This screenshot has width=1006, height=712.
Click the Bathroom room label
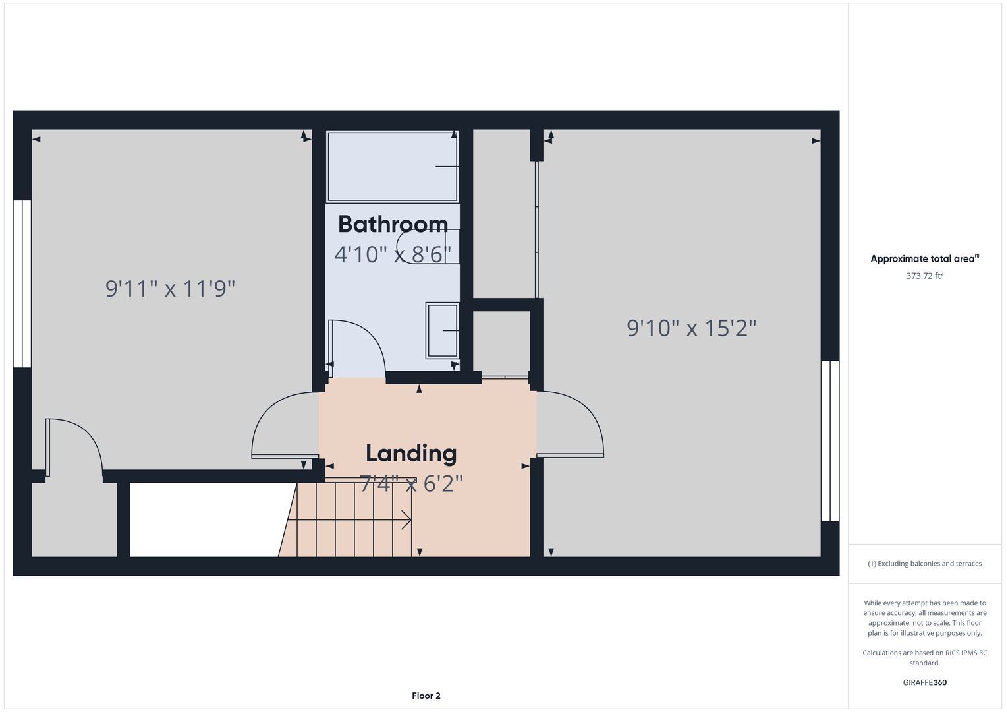[393, 224]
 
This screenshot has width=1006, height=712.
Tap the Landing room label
[411, 453]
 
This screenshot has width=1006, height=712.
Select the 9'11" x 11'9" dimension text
[170, 289]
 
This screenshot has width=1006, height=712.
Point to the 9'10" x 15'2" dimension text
[692, 328]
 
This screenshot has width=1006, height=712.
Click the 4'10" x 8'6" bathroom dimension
[393, 254]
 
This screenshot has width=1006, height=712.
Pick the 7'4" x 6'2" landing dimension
[411, 484]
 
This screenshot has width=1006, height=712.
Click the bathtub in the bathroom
[393, 166]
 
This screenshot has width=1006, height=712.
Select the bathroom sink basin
[442, 331]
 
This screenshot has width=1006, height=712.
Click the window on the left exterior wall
[22, 283]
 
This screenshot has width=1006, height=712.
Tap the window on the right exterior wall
[830, 441]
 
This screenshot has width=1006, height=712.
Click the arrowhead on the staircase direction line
[407, 520]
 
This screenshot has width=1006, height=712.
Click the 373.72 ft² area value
[925, 276]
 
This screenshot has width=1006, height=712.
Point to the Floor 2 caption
[426, 696]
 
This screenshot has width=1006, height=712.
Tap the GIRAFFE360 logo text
[925, 682]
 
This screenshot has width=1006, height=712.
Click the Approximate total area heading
[925, 258]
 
